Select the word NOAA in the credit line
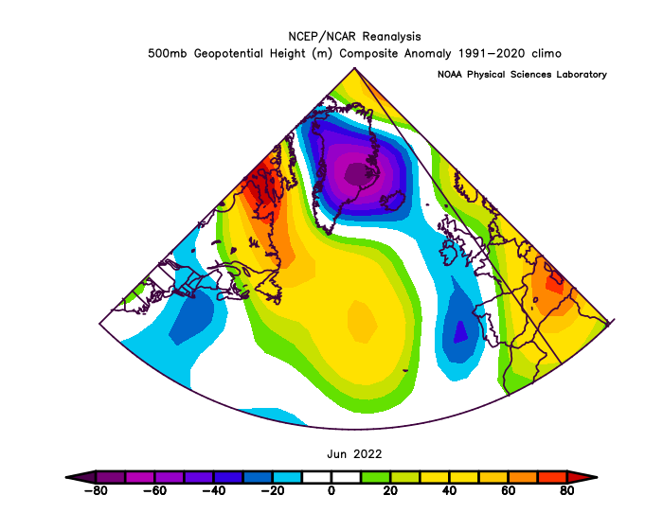coord(450,75)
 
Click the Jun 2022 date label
coord(354,454)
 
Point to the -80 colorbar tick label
coord(96,490)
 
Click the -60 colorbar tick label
coord(154,490)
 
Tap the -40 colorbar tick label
coord(213,490)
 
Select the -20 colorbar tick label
coord(272,490)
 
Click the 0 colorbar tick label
coord(331,490)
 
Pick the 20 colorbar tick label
coord(390,490)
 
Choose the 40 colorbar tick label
coord(449,490)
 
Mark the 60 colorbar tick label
coord(508,490)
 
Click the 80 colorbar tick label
coord(566,490)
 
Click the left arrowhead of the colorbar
coord(81,477)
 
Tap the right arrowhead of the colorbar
coord(582,477)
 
